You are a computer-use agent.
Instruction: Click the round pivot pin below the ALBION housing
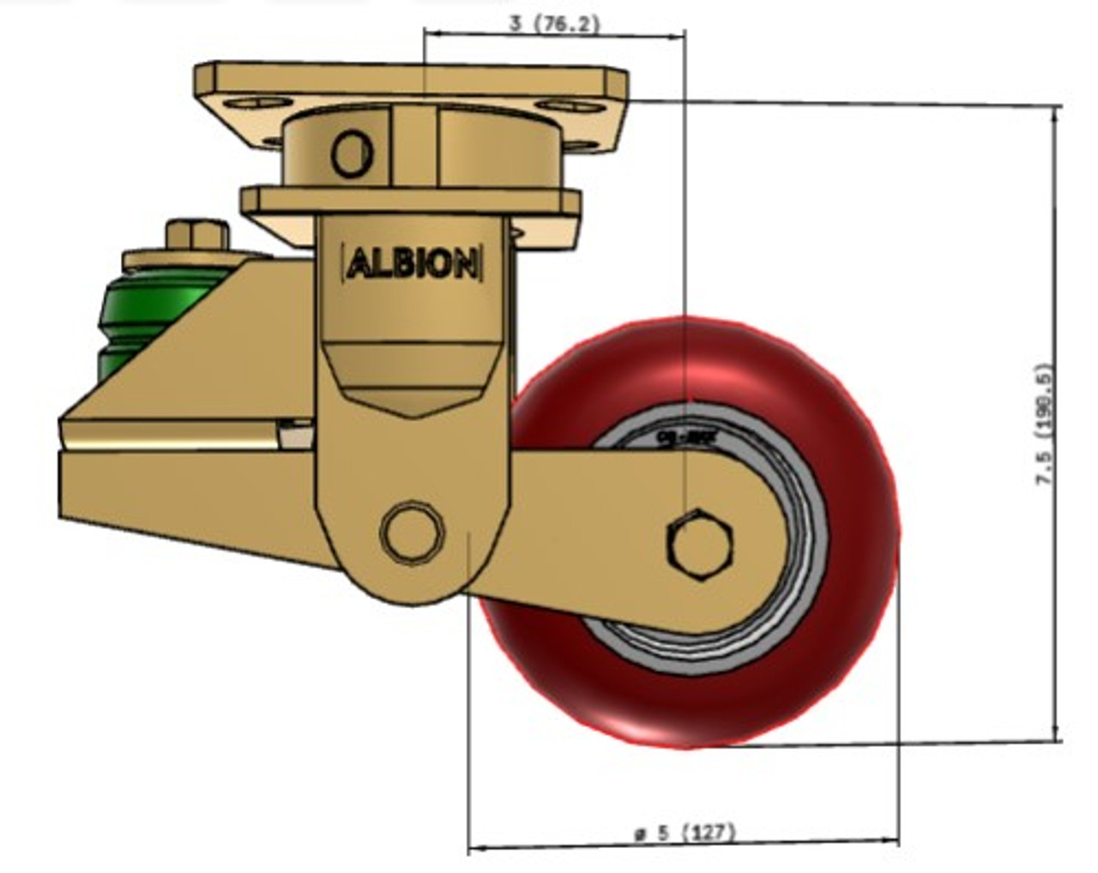(x=413, y=532)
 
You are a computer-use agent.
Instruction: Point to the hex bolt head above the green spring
(x=196, y=234)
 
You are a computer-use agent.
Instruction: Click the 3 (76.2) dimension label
(x=554, y=23)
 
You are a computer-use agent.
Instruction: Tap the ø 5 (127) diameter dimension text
(x=685, y=832)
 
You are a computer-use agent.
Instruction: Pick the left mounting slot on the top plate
(x=255, y=103)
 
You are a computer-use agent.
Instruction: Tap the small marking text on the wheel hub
(x=674, y=436)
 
